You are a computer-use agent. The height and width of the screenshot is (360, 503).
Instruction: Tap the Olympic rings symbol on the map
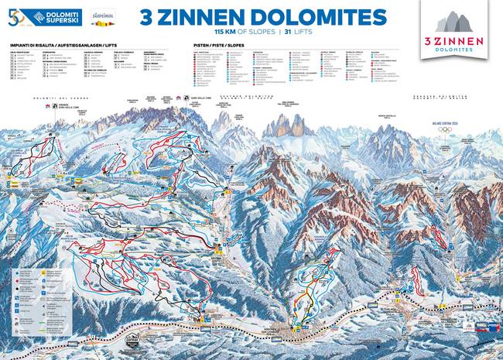pos(444,129)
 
